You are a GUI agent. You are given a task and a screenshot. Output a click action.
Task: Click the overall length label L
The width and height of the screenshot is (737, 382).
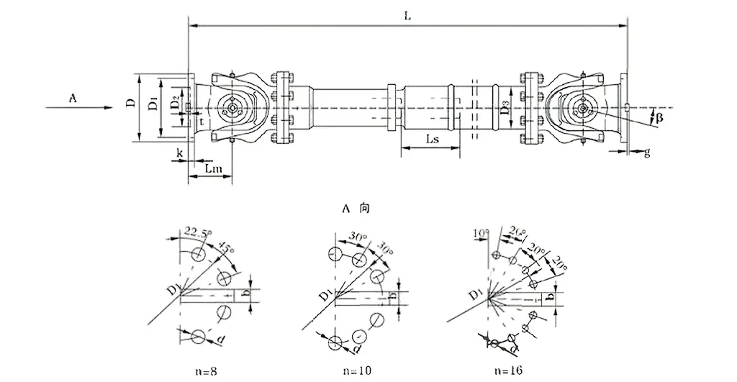click(x=407, y=17)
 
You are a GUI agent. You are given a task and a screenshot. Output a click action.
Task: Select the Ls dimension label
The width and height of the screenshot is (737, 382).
click(x=433, y=139)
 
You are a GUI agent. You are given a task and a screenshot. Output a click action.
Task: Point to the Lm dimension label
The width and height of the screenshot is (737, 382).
click(x=213, y=168)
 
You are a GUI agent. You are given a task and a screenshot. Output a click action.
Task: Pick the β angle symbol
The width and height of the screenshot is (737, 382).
click(x=659, y=116)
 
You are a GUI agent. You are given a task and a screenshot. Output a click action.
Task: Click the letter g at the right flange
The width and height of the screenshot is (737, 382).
click(x=646, y=152)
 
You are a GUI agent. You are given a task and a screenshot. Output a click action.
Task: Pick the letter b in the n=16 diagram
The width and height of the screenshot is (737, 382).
click(x=551, y=296)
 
